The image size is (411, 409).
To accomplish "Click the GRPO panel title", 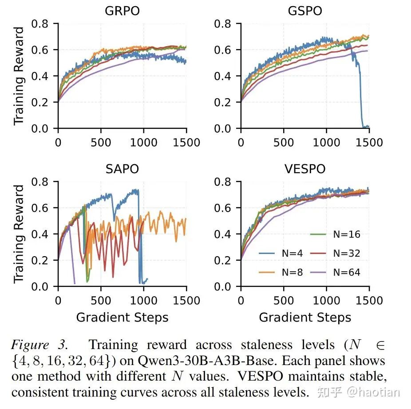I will [x=122, y=11].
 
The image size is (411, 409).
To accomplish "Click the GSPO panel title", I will [x=305, y=11].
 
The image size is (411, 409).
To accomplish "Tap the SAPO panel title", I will [x=122, y=169].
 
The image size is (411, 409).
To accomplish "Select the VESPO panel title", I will [x=305, y=169].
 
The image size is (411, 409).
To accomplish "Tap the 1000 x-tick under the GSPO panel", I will [x=327, y=142].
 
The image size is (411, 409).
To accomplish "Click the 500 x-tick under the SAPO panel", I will [x=101, y=300].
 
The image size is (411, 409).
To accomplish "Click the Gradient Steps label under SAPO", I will [x=122, y=318].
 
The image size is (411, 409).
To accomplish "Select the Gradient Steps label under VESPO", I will [x=305, y=318].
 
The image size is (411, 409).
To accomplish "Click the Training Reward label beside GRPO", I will [x=19, y=76].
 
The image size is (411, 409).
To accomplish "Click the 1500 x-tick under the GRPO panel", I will [x=186, y=142].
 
